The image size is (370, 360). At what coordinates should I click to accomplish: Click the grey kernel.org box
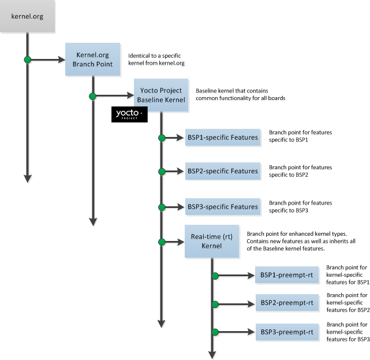(28, 16)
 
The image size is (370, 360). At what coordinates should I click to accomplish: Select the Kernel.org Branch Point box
(93, 59)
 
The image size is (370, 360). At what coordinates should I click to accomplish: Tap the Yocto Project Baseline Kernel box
(161, 95)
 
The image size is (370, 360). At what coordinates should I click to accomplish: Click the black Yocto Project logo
(129, 114)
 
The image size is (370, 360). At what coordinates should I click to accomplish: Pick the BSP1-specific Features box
(222, 138)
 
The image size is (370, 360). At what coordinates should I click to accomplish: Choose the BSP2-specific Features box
(222, 171)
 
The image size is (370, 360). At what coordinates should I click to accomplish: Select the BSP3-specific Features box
(222, 206)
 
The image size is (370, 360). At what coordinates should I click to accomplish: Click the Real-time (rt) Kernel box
(211, 241)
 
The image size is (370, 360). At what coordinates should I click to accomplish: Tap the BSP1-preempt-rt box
(287, 275)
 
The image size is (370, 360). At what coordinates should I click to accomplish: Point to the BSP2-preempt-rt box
(287, 302)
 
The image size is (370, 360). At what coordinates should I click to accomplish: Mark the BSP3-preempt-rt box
(287, 332)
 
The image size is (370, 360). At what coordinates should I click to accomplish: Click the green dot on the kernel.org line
(27, 59)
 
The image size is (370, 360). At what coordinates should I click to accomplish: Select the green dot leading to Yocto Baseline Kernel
(92, 96)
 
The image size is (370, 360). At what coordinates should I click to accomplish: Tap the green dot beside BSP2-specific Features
(162, 172)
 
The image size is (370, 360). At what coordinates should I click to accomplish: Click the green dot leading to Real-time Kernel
(162, 241)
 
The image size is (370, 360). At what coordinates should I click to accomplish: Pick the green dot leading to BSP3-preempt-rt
(215, 332)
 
